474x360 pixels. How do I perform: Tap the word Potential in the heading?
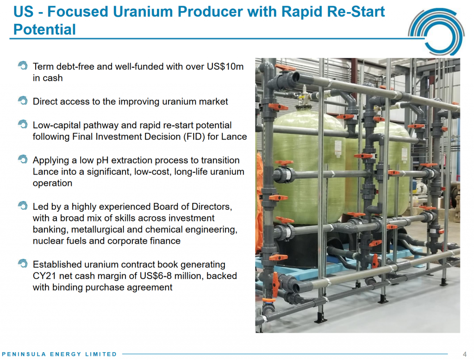[44, 30]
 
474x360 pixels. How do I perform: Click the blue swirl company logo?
[436, 32]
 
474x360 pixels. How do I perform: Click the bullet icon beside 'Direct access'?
[23, 101]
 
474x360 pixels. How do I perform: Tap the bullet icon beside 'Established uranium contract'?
[23, 264]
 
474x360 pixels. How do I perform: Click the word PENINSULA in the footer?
[24, 354]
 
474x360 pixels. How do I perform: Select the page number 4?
[465, 354]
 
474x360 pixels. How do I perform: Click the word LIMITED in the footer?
[101, 354]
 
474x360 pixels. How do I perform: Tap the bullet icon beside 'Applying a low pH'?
[23, 159]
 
